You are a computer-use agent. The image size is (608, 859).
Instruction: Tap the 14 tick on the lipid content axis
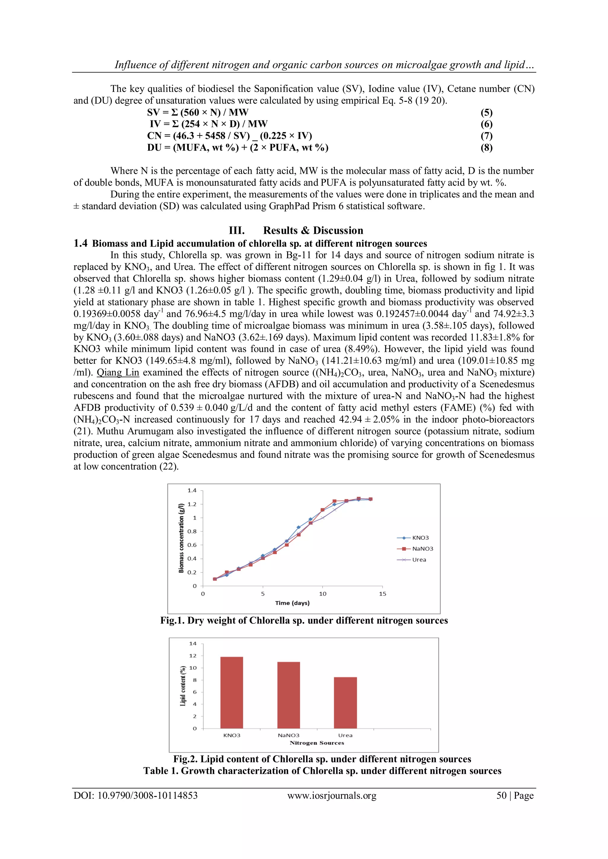point(192,643)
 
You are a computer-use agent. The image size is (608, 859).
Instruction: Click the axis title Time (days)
point(292,603)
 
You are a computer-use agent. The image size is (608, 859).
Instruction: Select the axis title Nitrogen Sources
point(317,743)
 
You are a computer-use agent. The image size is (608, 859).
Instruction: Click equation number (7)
point(486,136)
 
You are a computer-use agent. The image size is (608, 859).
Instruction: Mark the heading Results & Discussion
point(313,230)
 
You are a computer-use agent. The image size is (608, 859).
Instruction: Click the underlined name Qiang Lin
point(118,373)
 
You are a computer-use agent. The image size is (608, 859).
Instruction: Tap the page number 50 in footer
point(501,796)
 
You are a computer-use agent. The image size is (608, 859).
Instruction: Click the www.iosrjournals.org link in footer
point(332,796)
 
